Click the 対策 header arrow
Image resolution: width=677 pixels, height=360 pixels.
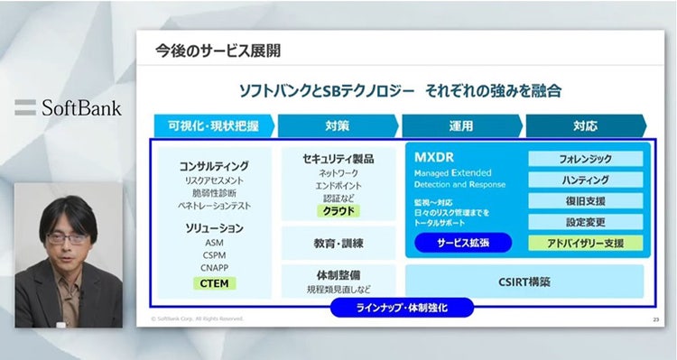(338, 125)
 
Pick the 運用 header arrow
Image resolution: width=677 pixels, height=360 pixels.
(461, 125)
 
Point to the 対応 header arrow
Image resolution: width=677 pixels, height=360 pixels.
(585, 125)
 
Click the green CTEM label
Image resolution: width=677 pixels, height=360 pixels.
(214, 283)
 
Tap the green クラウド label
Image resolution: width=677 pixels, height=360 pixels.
(338, 211)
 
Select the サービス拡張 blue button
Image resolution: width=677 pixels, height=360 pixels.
(463, 242)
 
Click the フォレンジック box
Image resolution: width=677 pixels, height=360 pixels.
(586, 159)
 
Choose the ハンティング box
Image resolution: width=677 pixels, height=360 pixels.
(586, 180)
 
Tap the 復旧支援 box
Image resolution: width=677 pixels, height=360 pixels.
(586, 200)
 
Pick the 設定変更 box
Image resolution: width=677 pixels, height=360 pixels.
(586, 221)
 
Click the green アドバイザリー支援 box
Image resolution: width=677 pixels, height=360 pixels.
(586, 242)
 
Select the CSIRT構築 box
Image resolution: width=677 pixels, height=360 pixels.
(524, 281)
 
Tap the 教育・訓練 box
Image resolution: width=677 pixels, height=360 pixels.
(338, 242)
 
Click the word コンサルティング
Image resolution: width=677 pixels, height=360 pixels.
(214, 166)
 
